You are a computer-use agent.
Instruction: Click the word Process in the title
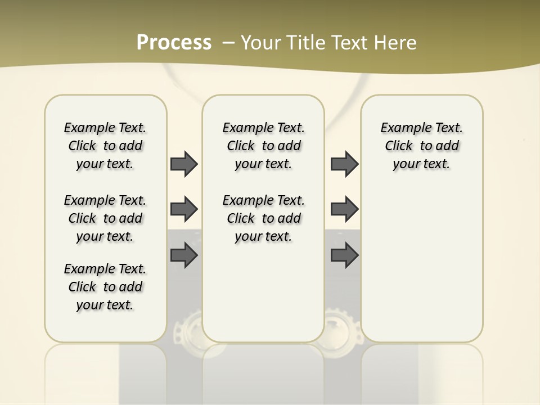coord(174,43)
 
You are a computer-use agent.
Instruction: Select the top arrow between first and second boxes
coord(184,164)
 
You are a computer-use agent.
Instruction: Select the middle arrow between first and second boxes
coord(184,209)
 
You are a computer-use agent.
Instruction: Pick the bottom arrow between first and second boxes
coord(184,255)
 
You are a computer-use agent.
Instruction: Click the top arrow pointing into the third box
coord(344,164)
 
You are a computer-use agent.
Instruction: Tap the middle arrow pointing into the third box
coord(344,209)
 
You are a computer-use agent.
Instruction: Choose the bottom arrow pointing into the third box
coord(344,255)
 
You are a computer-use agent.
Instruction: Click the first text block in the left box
coord(105,146)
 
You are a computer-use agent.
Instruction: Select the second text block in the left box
coord(105,218)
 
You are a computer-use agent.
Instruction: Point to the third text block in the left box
coord(105,287)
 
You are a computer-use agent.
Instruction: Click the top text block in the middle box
coord(263,146)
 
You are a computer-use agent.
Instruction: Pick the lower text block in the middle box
coord(263,218)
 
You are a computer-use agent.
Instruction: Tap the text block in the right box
coord(421,146)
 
